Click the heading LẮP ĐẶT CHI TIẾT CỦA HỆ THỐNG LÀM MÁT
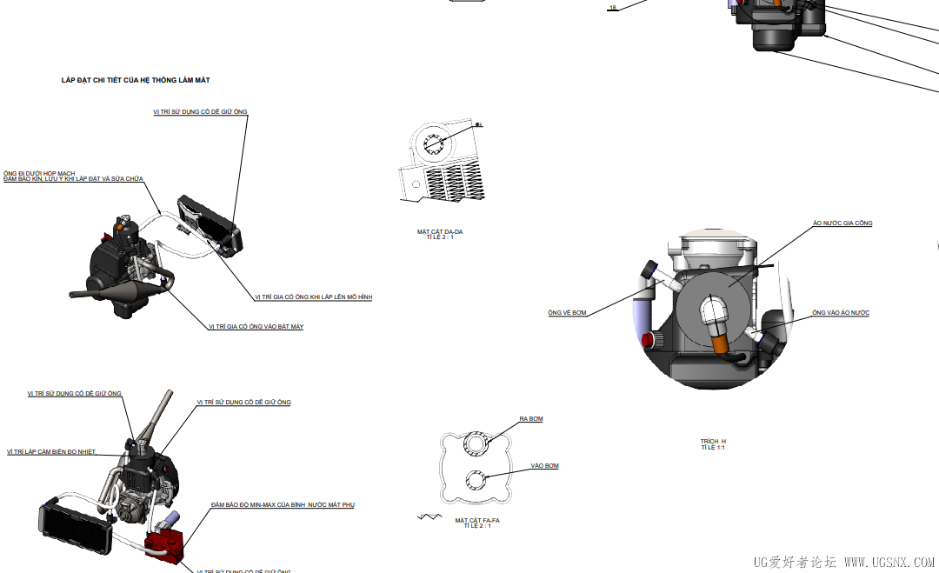pyautogui.click(x=136, y=80)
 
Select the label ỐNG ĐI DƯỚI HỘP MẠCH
pyautogui.click(x=39, y=173)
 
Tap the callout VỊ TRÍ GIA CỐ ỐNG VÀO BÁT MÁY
pyautogui.click(x=256, y=327)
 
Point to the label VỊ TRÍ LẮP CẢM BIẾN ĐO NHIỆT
pyautogui.click(x=51, y=452)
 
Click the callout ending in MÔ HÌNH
pyautogui.click(x=314, y=297)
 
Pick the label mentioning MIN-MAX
pyautogui.click(x=283, y=505)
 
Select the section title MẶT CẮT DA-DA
pyautogui.click(x=440, y=231)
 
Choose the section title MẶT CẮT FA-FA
pyautogui.click(x=477, y=520)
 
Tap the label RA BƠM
pyautogui.click(x=531, y=419)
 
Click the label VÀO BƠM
pyautogui.click(x=545, y=466)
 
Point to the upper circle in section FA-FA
pyautogui.click(x=476, y=443)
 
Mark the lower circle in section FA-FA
pyautogui.click(x=476, y=478)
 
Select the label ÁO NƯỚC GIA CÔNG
pyautogui.click(x=842, y=223)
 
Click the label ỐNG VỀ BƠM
pyautogui.click(x=567, y=313)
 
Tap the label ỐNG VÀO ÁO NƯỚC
pyautogui.click(x=841, y=313)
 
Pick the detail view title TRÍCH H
pyautogui.click(x=713, y=442)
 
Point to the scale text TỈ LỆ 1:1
pyautogui.click(x=713, y=448)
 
